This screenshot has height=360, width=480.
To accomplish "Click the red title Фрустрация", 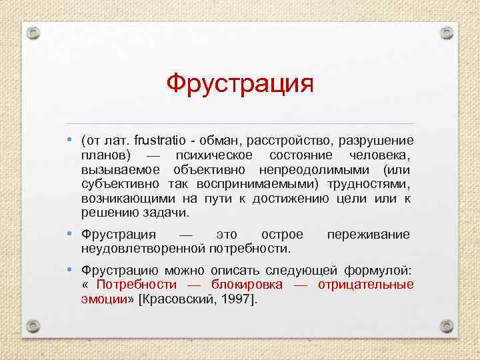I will coord(239,85).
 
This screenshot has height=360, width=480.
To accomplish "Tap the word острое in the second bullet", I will coord(282,235).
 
